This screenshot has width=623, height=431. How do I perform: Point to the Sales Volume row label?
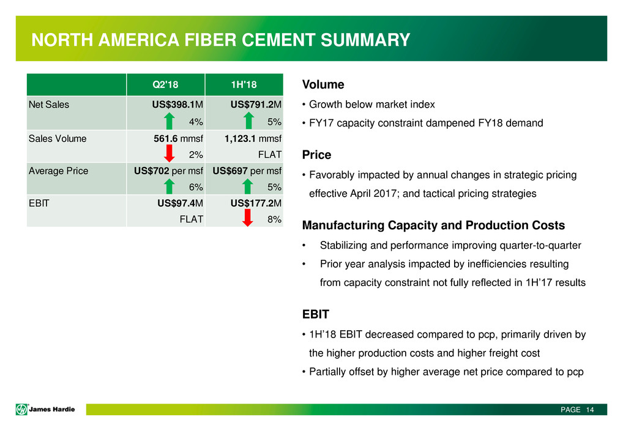pos(58,138)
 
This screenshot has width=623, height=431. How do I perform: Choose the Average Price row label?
pos(58,171)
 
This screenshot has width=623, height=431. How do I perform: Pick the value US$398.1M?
pos(177,105)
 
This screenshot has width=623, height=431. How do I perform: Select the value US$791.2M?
pos(256,105)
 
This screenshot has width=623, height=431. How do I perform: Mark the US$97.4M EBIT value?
pos(180,204)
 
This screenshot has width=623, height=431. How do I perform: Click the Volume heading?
pos(323,85)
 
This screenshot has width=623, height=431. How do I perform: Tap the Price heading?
pos(316,155)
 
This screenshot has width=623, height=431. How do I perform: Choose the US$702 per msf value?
pos(168,171)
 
